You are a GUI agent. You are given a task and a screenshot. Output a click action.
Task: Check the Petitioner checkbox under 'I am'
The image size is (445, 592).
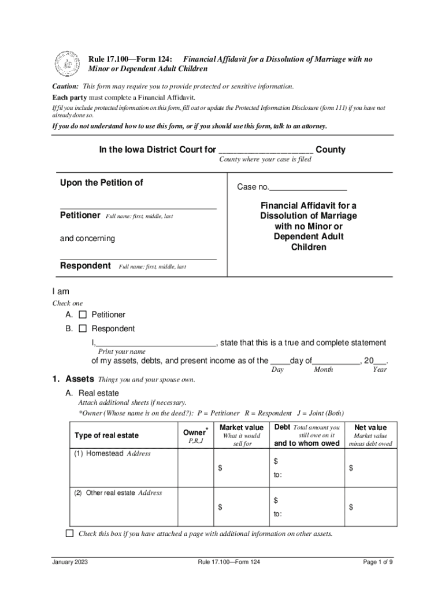click(82, 315)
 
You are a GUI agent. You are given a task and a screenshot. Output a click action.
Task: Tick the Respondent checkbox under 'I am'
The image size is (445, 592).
click(82, 329)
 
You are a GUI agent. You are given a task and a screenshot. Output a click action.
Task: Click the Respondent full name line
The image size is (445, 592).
click(138, 258)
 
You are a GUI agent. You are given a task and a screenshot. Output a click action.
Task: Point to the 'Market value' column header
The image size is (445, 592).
click(242, 427)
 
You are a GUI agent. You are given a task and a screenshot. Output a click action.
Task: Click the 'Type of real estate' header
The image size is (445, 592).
click(106, 435)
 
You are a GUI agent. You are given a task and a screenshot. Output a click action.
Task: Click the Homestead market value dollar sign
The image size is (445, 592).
click(220, 468)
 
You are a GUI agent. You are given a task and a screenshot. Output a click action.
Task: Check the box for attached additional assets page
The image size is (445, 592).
click(70, 534)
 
